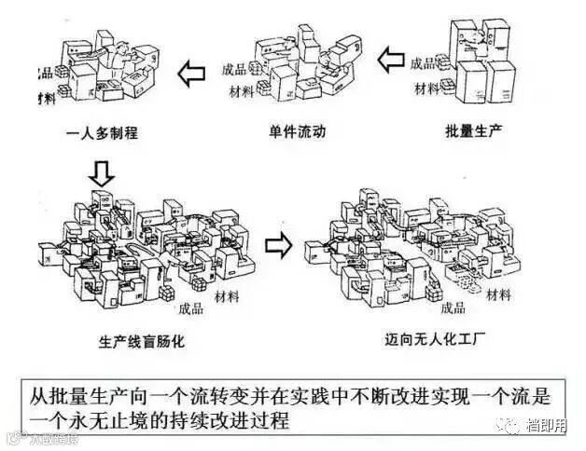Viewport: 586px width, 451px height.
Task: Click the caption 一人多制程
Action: tap(104, 132)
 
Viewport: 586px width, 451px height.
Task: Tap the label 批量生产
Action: tap(474, 130)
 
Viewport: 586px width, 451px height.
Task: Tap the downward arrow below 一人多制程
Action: tap(103, 171)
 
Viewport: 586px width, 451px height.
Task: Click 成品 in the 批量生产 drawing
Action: tap(423, 63)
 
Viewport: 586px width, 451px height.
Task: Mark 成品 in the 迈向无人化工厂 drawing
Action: tap(452, 307)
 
